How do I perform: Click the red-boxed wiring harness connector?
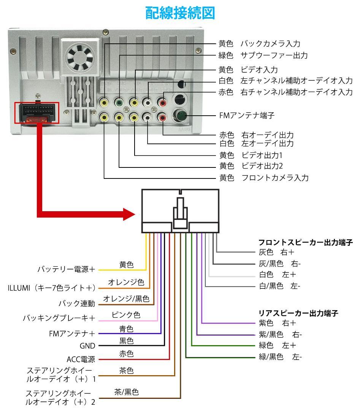point(37,113)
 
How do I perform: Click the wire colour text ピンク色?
point(126,315)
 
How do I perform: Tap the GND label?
point(90,346)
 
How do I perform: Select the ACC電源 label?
point(81,359)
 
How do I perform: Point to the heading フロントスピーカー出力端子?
point(306,242)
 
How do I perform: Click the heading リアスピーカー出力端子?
point(298,314)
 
